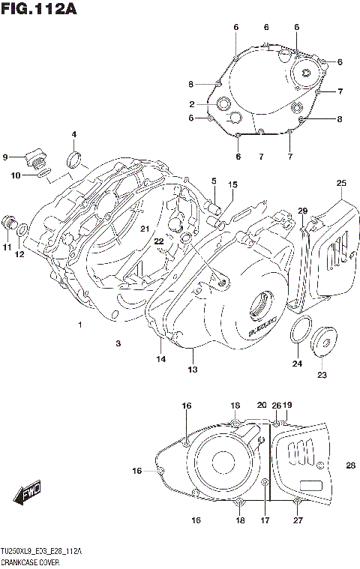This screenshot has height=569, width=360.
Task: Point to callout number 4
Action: point(74,135)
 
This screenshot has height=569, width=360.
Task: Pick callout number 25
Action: point(341,184)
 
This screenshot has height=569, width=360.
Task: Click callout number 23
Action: point(322,375)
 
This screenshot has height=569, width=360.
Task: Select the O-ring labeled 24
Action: point(301,330)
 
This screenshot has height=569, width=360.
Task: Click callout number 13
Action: point(193,370)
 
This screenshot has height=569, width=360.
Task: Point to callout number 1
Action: point(79,324)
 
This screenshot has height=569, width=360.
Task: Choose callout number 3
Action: point(118,343)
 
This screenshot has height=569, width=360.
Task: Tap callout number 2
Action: point(192,104)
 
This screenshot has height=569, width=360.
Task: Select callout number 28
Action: point(350,466)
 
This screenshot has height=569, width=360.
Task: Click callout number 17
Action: point(264,520)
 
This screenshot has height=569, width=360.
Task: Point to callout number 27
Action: point(298,520)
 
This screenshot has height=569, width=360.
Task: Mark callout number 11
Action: point(6,247)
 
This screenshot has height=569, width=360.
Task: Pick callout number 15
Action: point(232,184)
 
